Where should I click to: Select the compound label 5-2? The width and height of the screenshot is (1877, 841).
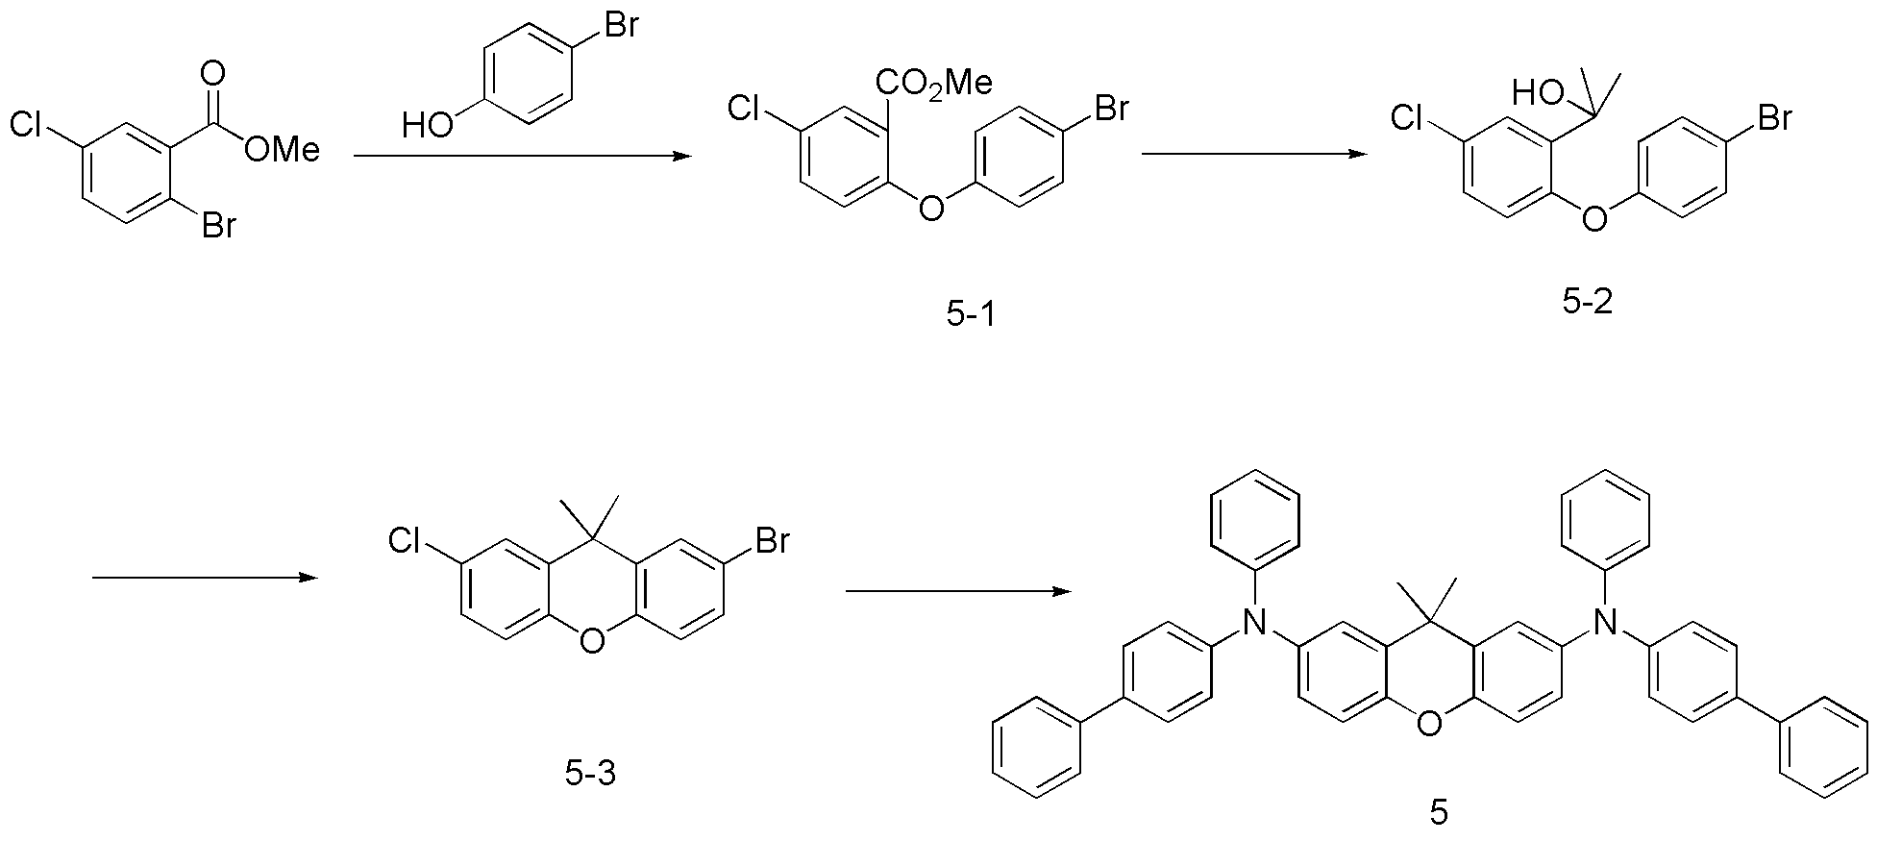1588,303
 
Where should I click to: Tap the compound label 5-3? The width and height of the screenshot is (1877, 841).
590,772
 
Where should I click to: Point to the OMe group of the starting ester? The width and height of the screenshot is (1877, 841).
282,149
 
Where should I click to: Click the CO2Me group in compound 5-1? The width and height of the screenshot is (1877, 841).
933,84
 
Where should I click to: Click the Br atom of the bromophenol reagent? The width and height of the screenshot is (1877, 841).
621,25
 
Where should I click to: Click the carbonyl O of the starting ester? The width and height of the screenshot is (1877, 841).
213,74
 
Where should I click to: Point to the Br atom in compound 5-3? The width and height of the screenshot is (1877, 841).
772,542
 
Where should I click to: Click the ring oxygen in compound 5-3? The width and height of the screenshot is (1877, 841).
593,640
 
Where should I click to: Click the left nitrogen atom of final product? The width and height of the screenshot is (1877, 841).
1252,624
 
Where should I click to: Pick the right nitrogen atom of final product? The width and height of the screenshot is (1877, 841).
1602,624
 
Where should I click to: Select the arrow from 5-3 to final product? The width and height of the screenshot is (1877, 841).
958,591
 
